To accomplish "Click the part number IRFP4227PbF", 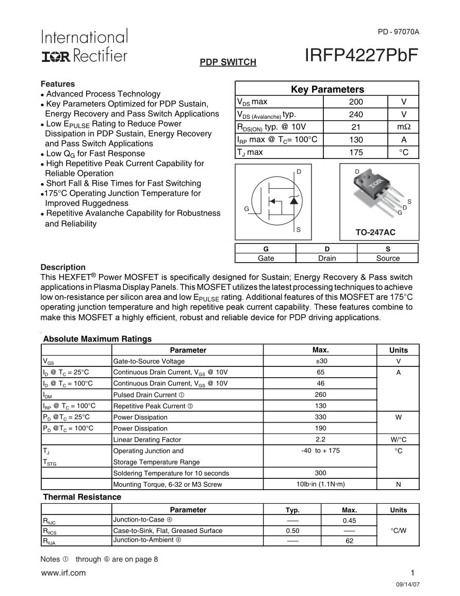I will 362,55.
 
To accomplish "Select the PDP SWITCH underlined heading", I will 228,62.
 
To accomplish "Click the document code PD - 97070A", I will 399,32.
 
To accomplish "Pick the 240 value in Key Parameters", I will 355,115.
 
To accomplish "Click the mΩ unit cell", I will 403,127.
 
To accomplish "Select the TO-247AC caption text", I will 375,233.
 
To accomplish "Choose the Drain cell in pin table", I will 326,258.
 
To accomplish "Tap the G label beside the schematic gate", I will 247,209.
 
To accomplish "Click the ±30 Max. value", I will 320,361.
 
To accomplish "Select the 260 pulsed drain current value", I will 320,395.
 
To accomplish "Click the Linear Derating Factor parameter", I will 147,440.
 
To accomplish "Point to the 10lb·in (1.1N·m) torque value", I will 320,484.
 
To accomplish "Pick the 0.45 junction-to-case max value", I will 349,521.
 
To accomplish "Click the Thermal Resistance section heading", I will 82,497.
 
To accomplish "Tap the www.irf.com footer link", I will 63,573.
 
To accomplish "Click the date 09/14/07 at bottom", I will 408,586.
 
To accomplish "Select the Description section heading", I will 63,267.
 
